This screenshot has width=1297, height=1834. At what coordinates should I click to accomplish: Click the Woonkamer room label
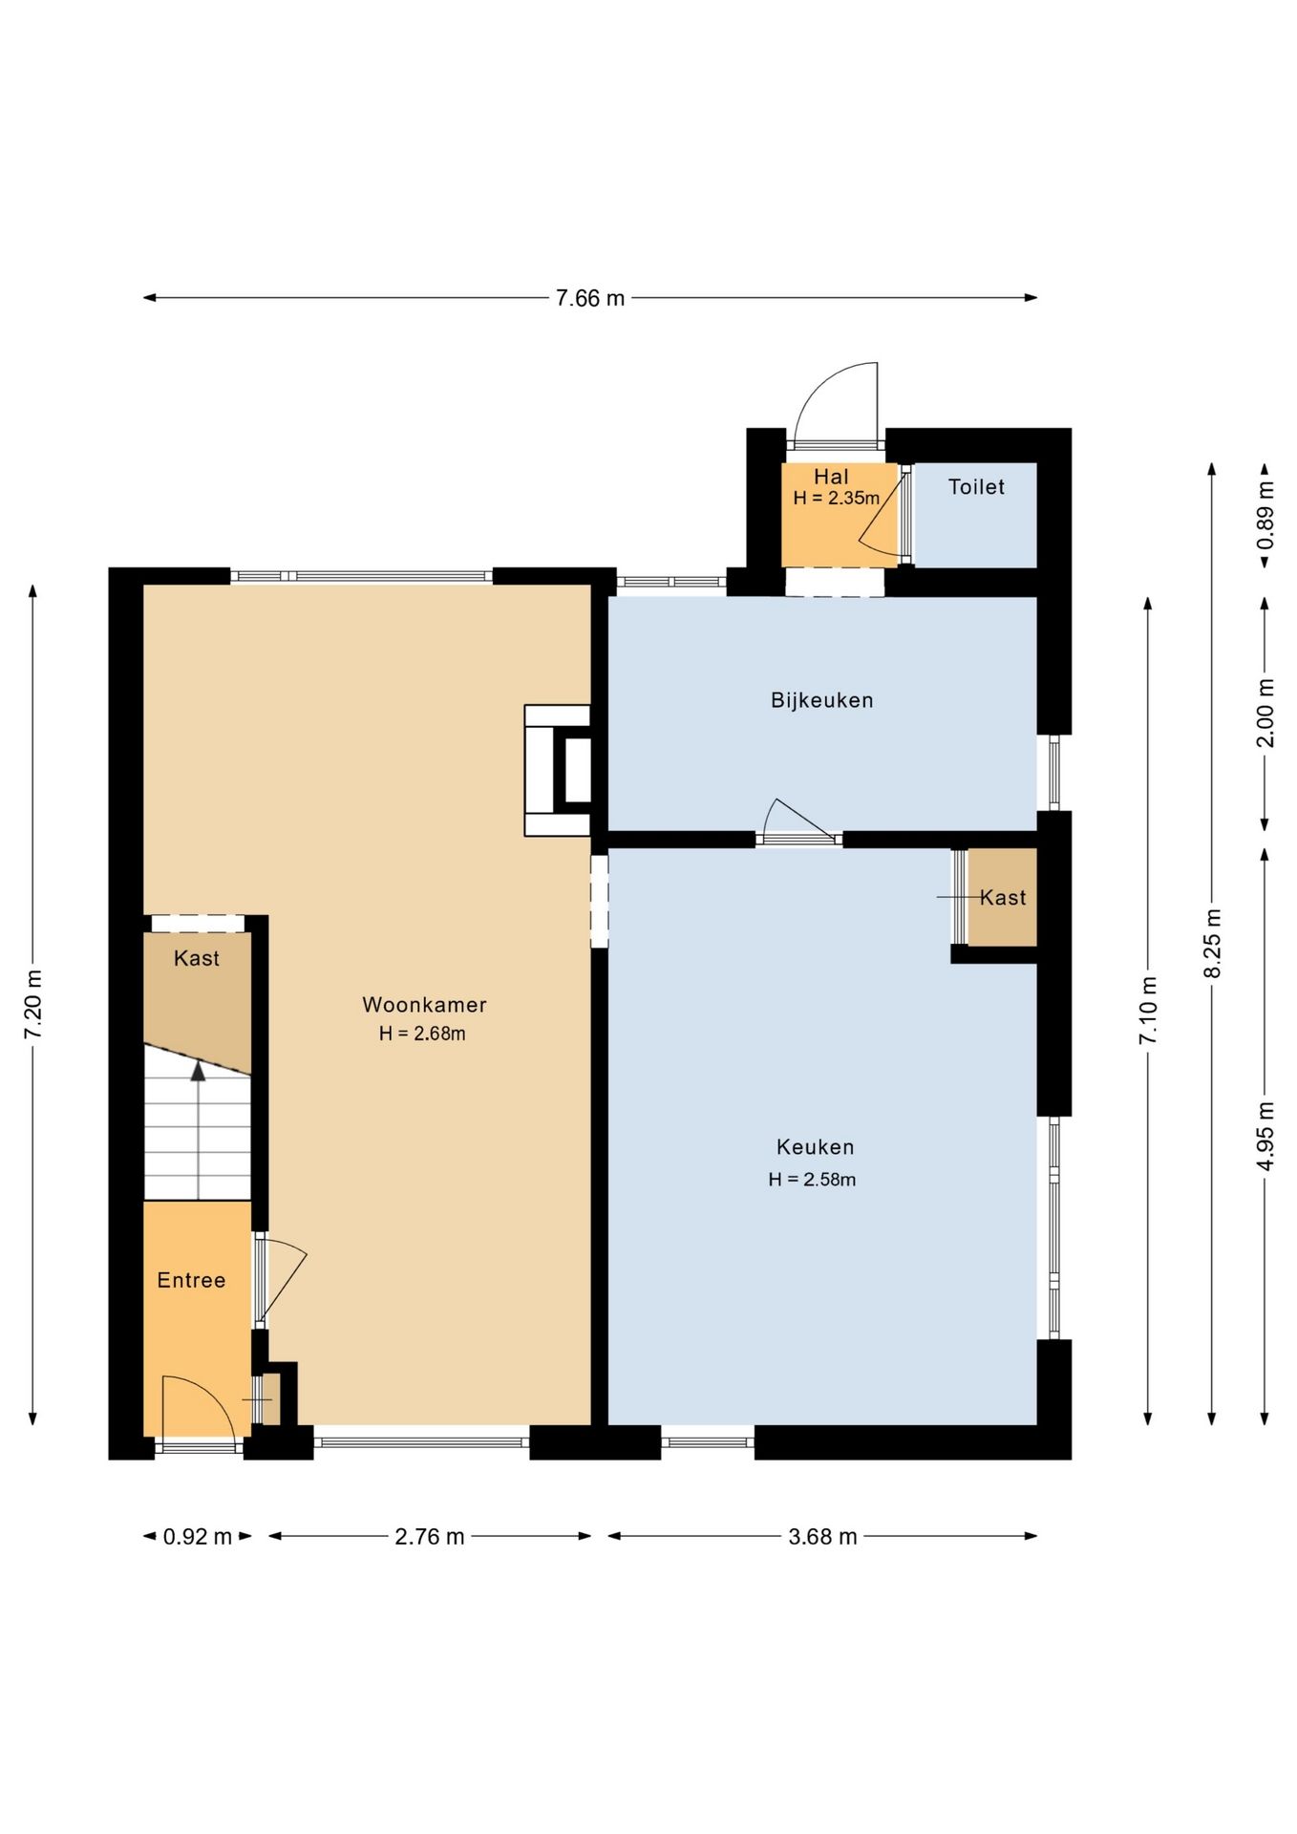424,1005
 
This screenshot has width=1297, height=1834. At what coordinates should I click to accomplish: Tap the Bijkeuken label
822,700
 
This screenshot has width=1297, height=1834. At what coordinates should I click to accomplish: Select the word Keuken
815,1147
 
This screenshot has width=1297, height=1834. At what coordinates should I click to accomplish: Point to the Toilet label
976,487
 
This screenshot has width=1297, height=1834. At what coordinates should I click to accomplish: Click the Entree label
191,1280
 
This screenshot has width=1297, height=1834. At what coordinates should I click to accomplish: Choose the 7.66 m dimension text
590,298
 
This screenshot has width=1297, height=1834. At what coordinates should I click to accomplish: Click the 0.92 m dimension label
198,1536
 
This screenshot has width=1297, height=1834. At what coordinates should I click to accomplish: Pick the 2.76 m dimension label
430,1536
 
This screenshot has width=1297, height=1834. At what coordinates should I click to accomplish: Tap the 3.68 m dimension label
822,1536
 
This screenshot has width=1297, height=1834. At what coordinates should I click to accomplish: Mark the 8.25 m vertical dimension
1212,943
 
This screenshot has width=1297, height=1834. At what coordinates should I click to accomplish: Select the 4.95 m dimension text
1265,1136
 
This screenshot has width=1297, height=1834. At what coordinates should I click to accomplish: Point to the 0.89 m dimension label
1265,515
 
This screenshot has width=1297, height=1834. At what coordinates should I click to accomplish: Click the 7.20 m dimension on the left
33,1004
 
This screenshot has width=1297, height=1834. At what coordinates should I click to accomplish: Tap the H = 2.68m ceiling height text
422,1034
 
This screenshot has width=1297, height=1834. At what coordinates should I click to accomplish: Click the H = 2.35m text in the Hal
836,498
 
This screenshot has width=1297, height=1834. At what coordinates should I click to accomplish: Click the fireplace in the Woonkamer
558,770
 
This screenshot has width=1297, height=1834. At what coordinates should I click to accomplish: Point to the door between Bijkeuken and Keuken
798,821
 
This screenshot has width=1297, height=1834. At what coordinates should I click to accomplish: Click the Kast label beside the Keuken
1003,898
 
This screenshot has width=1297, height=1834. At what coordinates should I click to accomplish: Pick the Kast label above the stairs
197,958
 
